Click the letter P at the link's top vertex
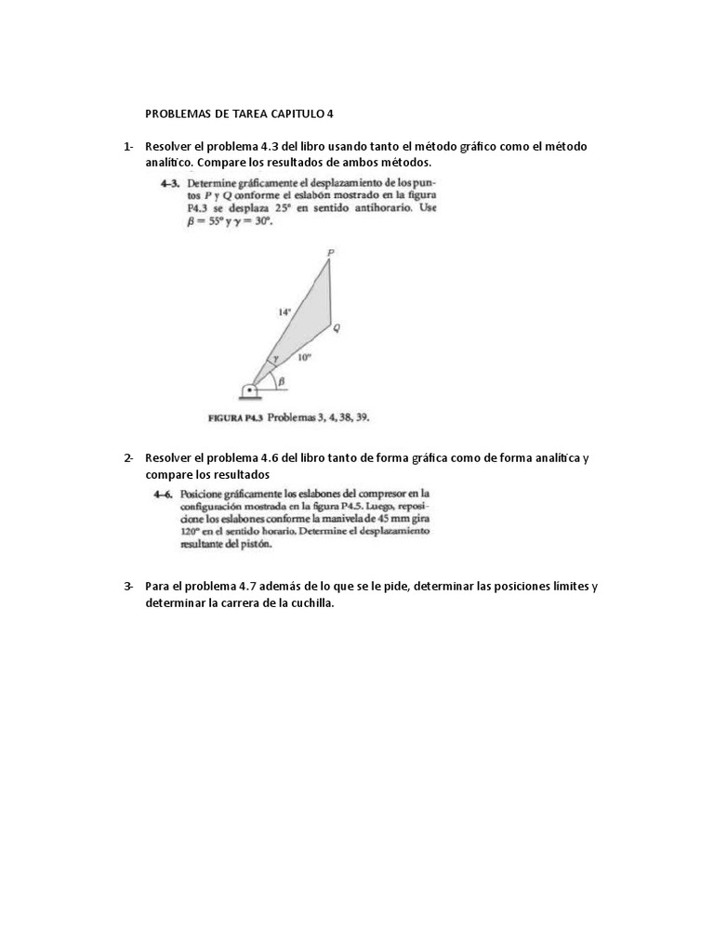click(x=331, y=252)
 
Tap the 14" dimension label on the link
click(x=284, y=312)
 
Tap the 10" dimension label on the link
click(x=304, y=357)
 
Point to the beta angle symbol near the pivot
click(x=281, y=379)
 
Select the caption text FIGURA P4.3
click(x=235, y=417)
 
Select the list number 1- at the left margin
click(x=128, y=147)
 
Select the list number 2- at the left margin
click(x=128, y=458)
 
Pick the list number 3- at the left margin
click(x=128, y=587)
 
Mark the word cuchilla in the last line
click(x=303, y=603)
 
